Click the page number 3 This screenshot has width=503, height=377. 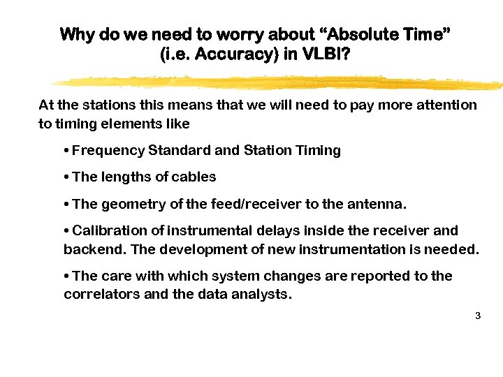click(x=477, y=316)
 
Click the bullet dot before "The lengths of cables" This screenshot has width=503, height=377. click(x=66, y=177)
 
